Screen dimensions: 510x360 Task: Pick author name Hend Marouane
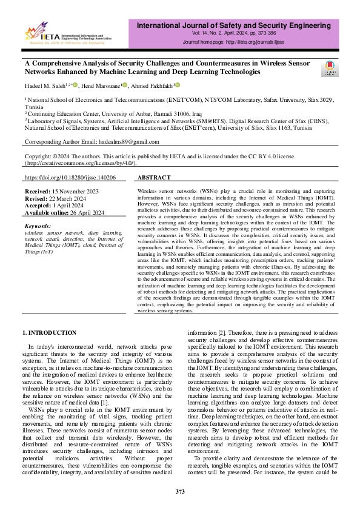(100, 86)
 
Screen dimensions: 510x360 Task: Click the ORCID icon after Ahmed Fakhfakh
(178, 85)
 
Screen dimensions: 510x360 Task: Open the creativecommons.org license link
(80, 163)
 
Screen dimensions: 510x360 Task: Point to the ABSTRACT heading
(154, 178)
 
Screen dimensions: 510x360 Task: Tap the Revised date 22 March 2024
(74, 198)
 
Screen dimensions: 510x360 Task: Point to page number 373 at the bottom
(180, 491)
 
